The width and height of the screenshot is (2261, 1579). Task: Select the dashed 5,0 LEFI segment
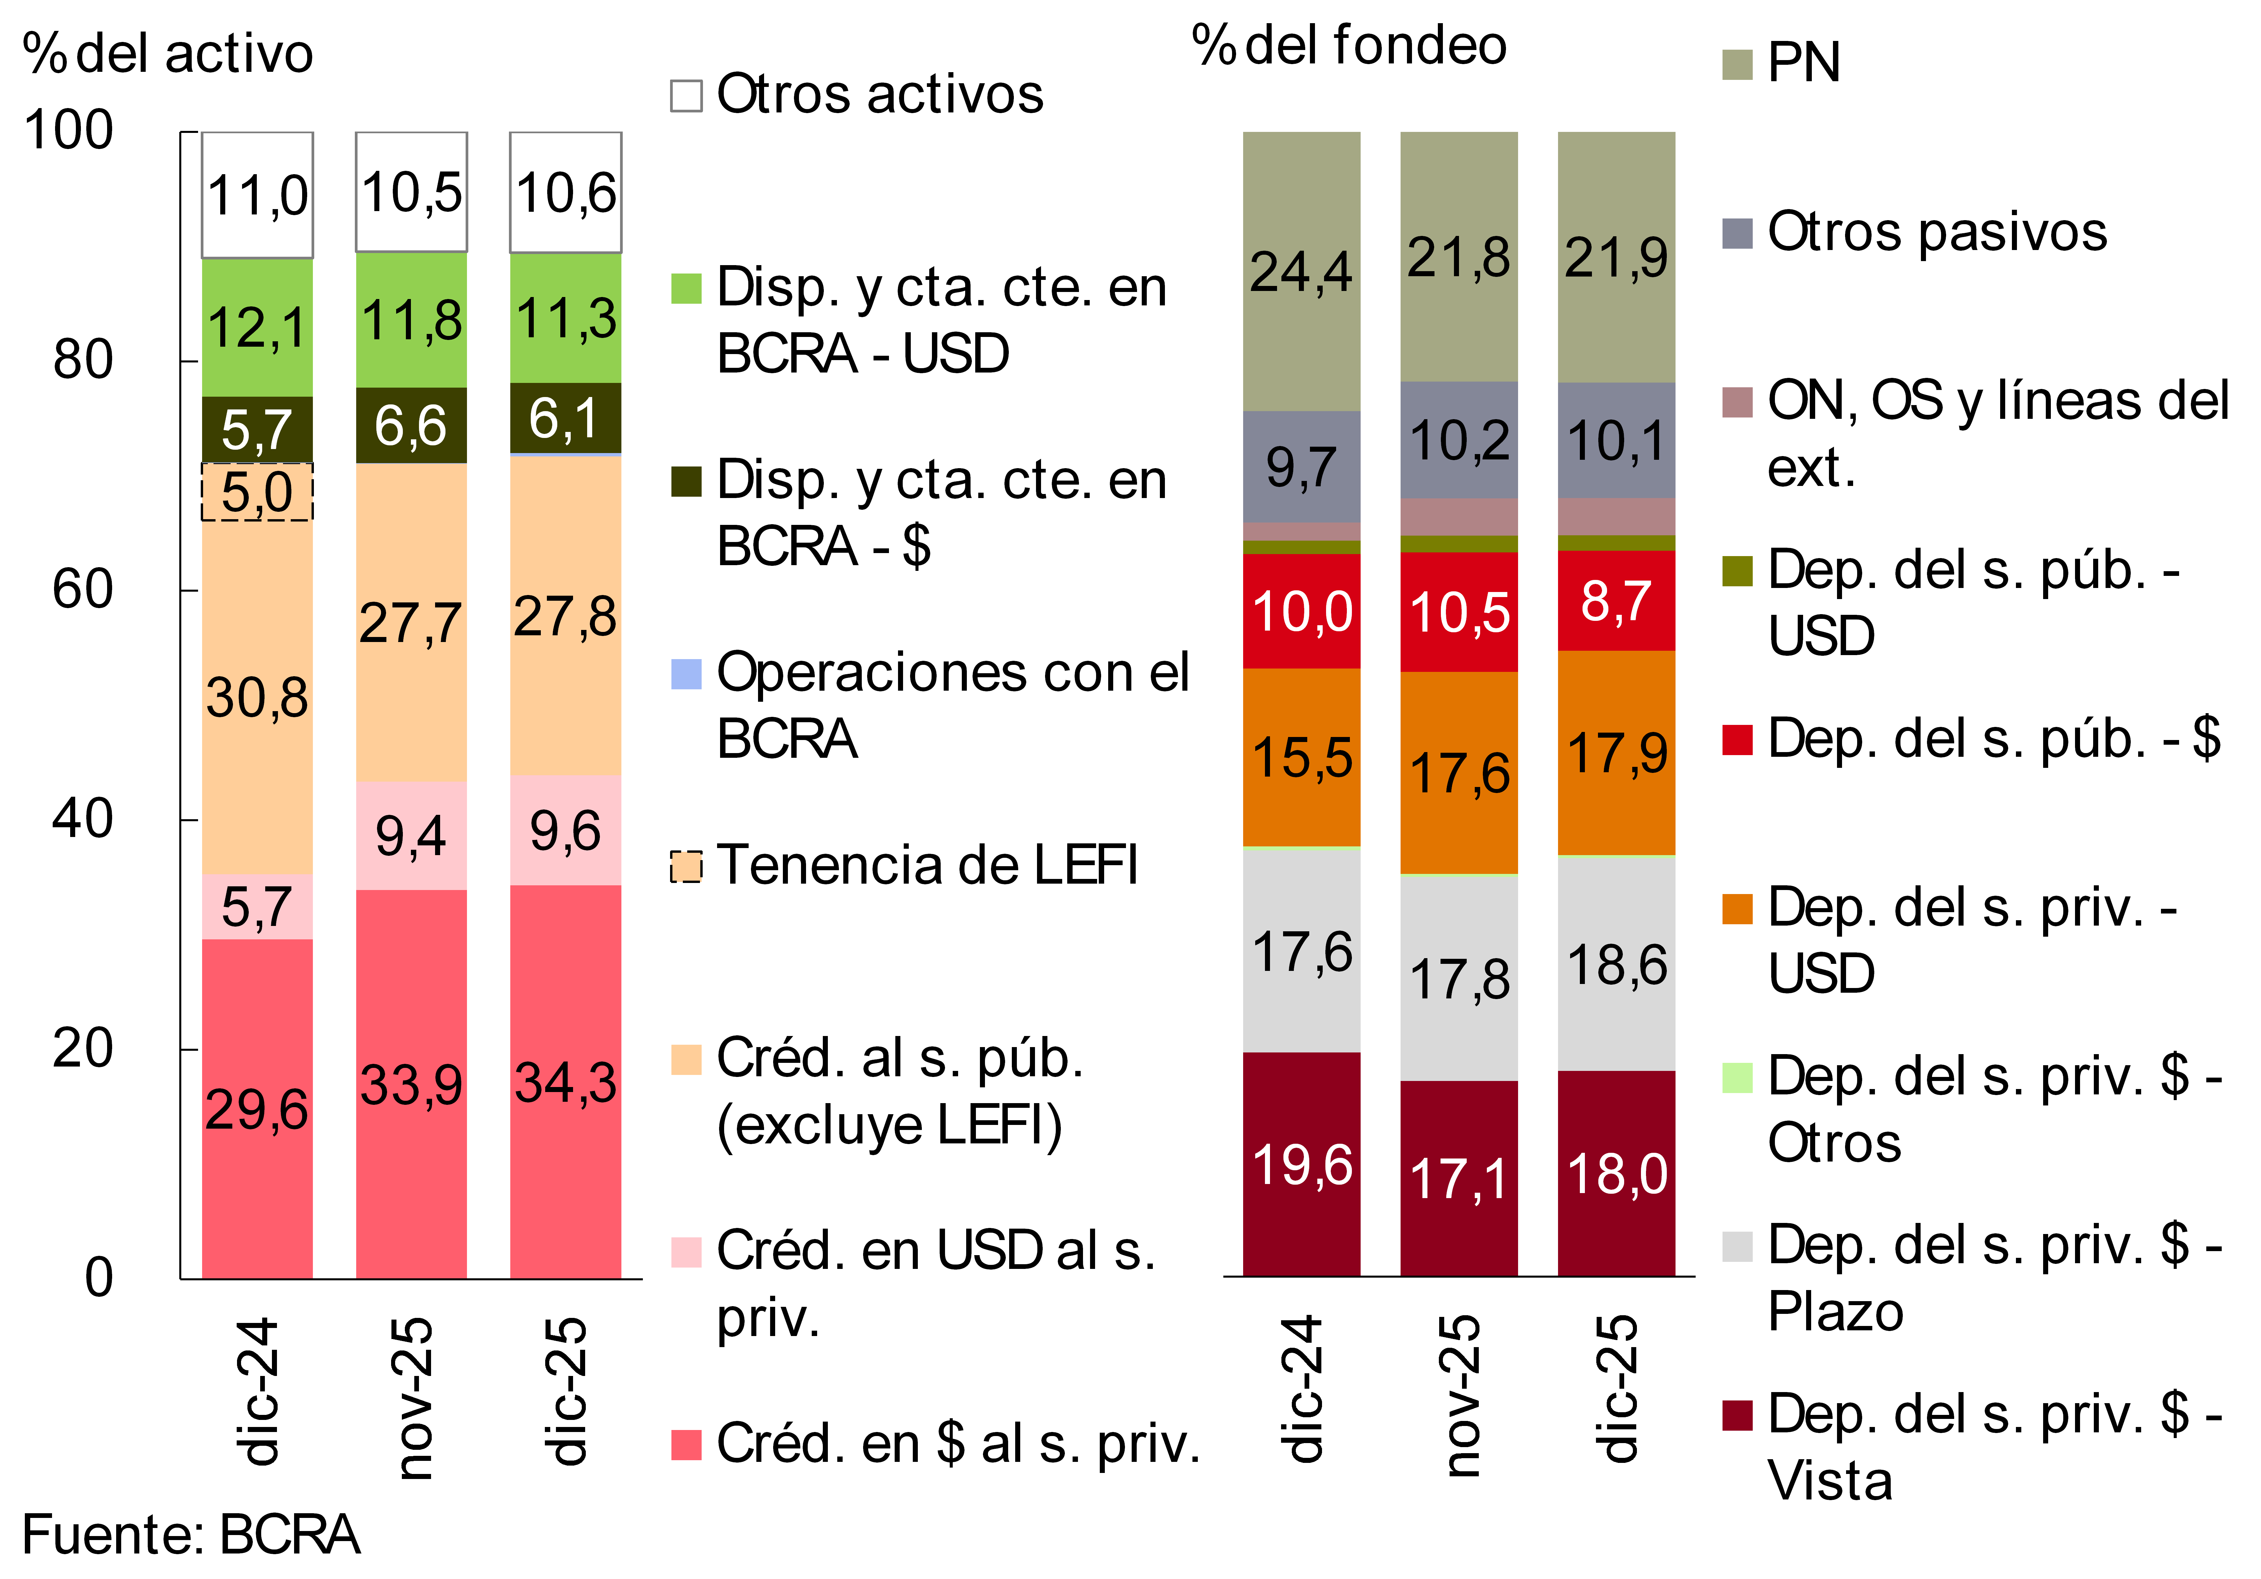point(257,491)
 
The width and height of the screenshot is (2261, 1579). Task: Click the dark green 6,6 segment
point(411,425)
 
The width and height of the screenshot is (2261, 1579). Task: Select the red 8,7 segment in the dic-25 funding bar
point(1616,600)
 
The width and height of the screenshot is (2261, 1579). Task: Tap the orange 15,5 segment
point(1301,758)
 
